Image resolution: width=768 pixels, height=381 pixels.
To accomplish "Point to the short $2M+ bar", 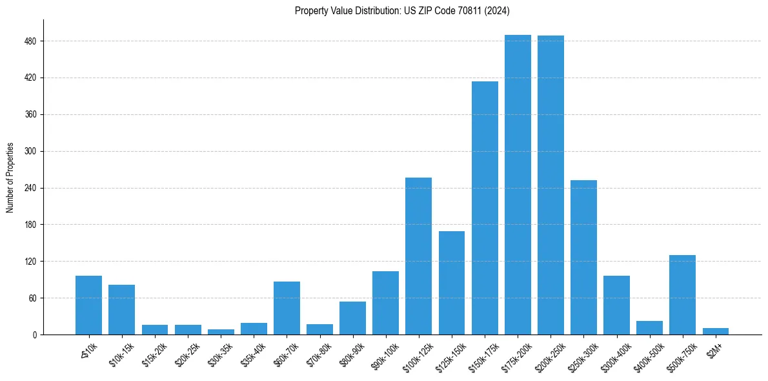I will click(715, 331).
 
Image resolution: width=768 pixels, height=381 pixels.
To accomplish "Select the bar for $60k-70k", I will click(287, 308).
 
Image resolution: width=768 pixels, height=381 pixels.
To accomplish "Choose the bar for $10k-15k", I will click(121, 309).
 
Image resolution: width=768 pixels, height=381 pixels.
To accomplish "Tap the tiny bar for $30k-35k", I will click(221, 332).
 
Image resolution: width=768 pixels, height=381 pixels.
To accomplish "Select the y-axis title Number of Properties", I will click(10, 178).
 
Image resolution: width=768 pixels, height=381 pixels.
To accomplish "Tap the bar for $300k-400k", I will click(616, 305).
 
